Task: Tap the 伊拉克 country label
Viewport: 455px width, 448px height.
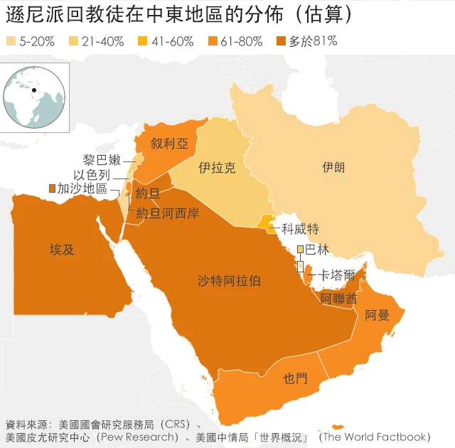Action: point(217,169)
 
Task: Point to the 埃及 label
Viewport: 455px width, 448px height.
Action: point(62,250)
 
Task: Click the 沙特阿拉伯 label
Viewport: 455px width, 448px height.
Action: point(229,281)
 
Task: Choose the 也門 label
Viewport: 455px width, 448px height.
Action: point(296,378)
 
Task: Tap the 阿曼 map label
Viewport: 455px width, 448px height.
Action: point(378,315)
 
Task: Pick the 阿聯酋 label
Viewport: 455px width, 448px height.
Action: point(339,298)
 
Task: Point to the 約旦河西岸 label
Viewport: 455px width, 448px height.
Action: point(168,213)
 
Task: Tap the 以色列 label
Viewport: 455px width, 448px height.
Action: point(92,174)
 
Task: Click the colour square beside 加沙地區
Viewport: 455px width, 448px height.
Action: point(51,188)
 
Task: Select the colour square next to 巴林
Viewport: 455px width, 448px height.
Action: point(300,249)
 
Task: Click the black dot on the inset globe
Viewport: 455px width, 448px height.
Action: point(33,90)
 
